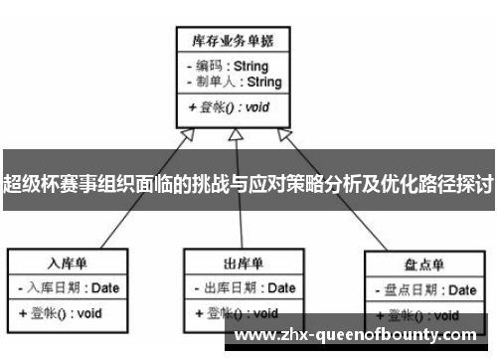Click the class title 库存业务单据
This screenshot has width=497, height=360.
(x=234, y=41)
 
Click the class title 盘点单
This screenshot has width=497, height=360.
(x=423, y=264)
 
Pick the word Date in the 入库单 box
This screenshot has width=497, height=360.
(x=108, y=287)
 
